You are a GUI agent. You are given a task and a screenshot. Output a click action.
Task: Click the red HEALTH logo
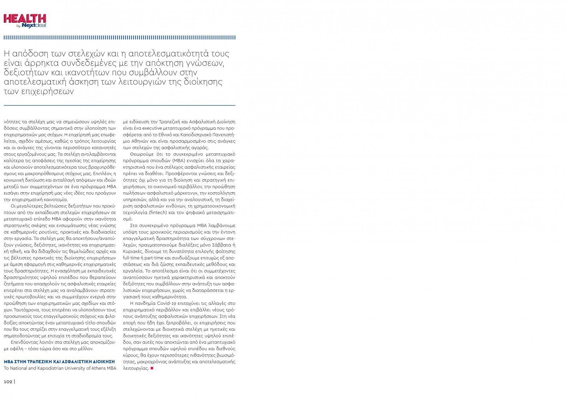pyautogui.click(x=25, y=19)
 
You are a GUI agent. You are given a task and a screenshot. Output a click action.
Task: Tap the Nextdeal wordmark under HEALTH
pyautogui.click(x=34, y=25)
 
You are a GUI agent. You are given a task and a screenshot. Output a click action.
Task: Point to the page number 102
pyautogui.click(x=8, y=382)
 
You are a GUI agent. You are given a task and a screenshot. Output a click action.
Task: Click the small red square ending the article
pyautogui.click(x=152, y=368)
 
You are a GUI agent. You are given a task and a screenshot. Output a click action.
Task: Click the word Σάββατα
pyautogui.click(x=222, y=245)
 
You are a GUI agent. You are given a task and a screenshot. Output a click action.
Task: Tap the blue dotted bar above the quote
pyautogui.click(x=119, y=37)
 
